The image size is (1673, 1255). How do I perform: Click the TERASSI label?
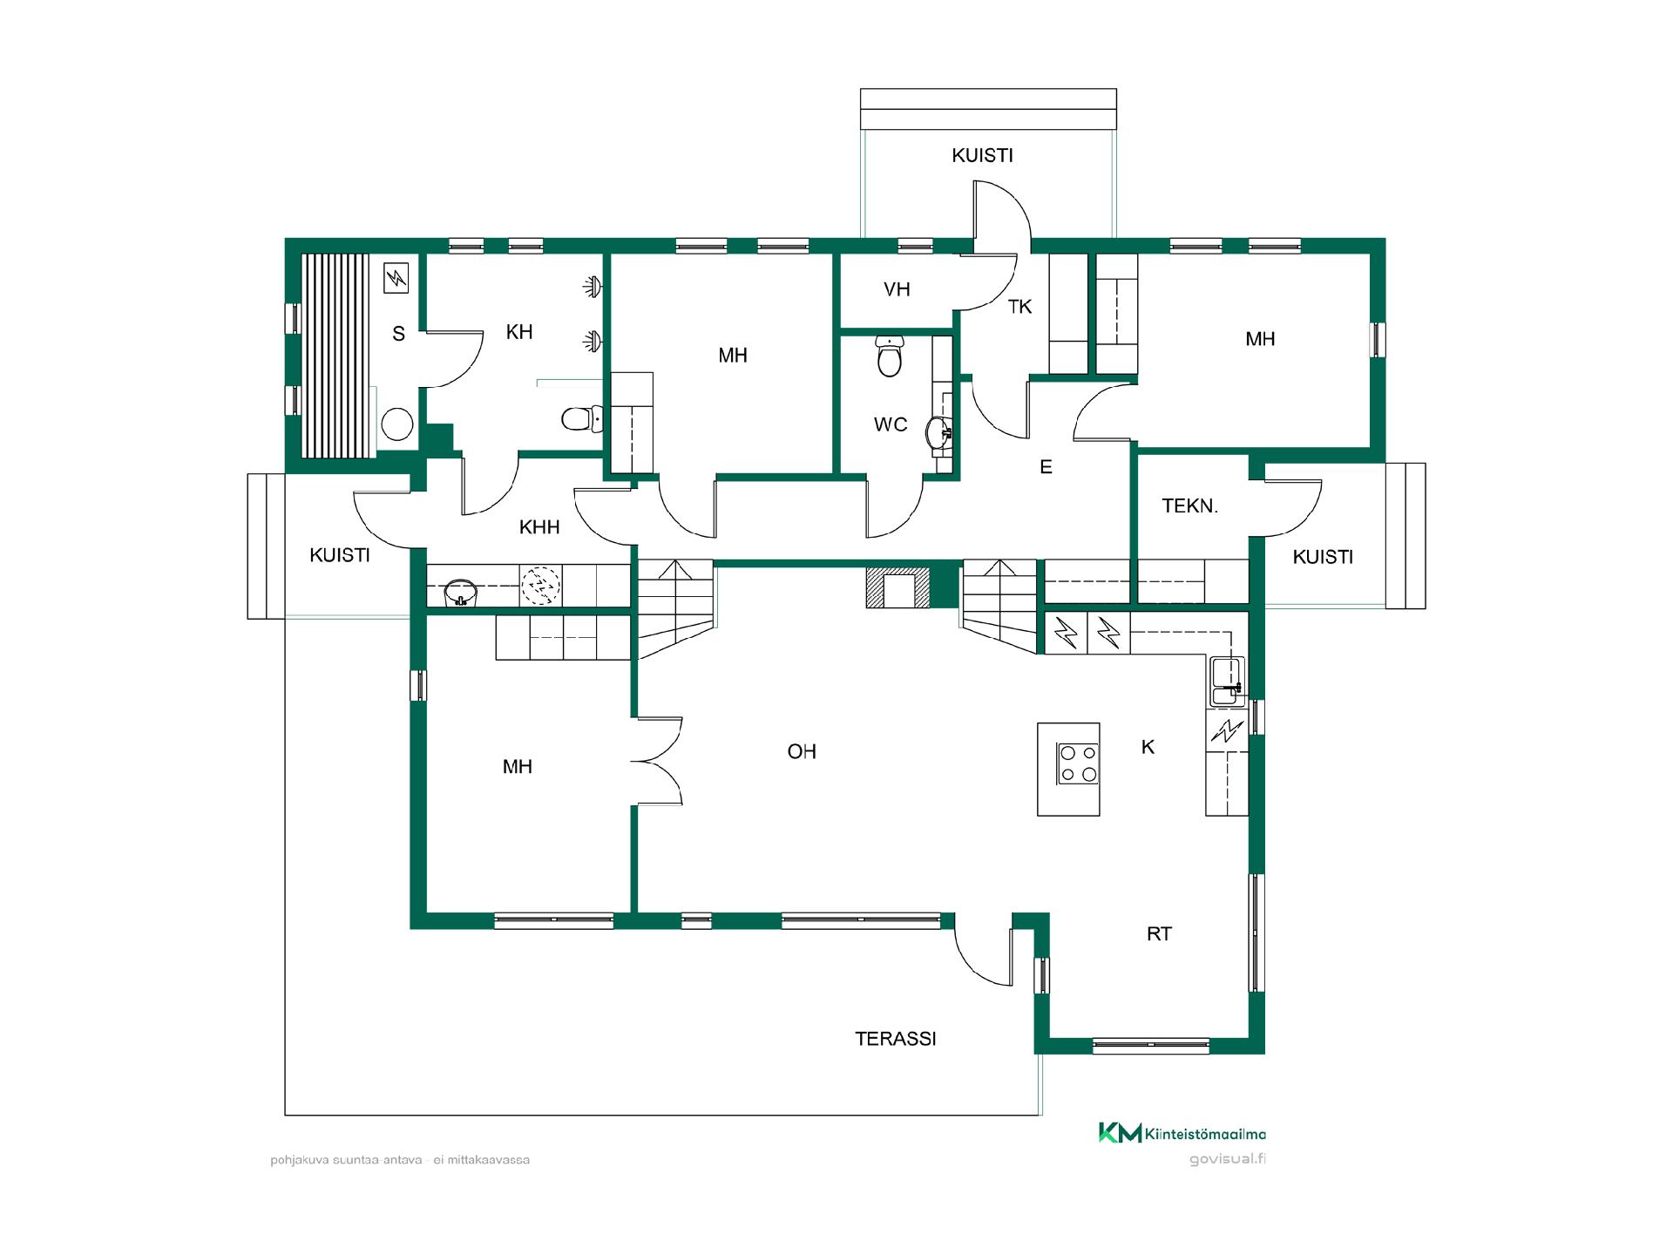point(895,1038)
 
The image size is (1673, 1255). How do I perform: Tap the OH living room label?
point(802,751)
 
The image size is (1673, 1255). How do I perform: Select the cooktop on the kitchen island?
point(1078,763)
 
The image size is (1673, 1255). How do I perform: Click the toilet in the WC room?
point(889,356)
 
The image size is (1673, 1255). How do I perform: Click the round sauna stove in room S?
point(398,424)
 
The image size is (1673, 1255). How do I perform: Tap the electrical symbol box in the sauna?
point(396,279)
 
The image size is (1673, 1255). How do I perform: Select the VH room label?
point(897,289)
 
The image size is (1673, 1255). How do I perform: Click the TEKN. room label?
point(1189,505)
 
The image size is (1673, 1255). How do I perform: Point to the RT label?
point(1159,934)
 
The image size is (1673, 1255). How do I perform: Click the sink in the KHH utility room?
point(462,593)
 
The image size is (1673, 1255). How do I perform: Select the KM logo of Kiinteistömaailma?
point(1120,1133)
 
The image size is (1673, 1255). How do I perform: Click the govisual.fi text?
point(1227,1160)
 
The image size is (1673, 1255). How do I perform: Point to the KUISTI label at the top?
point(982,156)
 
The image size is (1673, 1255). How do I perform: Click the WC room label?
point(891,425)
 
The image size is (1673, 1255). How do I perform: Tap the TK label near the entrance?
point(1019,307)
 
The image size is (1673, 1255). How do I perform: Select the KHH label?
point(539,527)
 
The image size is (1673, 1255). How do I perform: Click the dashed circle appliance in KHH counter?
point(540,586)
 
